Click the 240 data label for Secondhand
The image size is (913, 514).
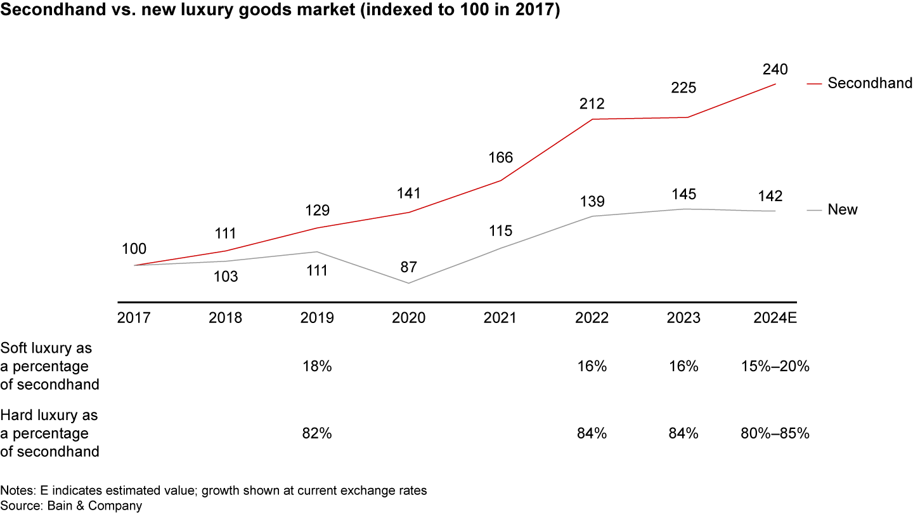(x=775, y=69)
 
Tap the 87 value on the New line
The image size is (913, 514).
(x=409, y=267)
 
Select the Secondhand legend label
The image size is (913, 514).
(x=870, y=83)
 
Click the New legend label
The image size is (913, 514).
(x=843, y=210)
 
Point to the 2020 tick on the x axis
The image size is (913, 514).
(x=409, y=318)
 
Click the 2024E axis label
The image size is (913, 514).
(x=775, y=318)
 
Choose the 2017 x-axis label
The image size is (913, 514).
(x=134, y=318)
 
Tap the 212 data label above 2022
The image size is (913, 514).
(x=592, y=103)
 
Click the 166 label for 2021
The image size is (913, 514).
(x=500, y=157)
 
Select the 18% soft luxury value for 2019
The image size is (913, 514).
(x=317, y=366)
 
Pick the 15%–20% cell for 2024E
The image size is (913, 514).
(x=775, y=366)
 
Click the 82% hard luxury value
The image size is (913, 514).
(x=317, y=433)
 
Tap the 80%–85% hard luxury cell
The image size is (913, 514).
(x=775, y=433)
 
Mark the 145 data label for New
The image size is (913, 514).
(x=683, y=194)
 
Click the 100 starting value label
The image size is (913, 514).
(x=134, y=249)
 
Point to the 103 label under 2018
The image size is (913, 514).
(x=225, y=277)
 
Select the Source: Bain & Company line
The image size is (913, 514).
(x=71, y=506)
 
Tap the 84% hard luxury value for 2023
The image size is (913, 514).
(x=683, y=433)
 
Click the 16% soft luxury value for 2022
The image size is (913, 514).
(x=592, y=366)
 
